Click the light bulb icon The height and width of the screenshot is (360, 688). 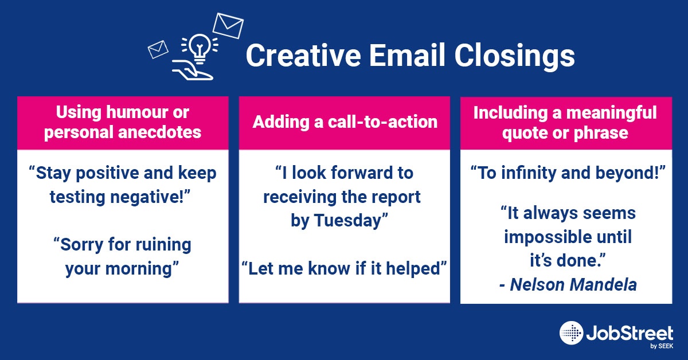coord(200,49)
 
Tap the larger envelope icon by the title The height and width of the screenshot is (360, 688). coord(228,26)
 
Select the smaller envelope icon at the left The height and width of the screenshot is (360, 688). coord(158,49)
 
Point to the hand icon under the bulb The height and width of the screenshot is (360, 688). coord(193,70)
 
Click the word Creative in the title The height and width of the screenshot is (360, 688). coord(303,55)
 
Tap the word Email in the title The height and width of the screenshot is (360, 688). coord(407,54)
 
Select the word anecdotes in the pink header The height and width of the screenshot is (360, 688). coord(160,132)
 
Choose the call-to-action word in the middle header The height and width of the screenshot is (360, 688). coord(383,122)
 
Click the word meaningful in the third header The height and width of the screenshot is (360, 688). coord(612,113)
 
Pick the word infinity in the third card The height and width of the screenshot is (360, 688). coord(528,173)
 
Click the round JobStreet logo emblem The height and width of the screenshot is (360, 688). coord(571,333)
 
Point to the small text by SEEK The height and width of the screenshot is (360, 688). coord(662,346)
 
